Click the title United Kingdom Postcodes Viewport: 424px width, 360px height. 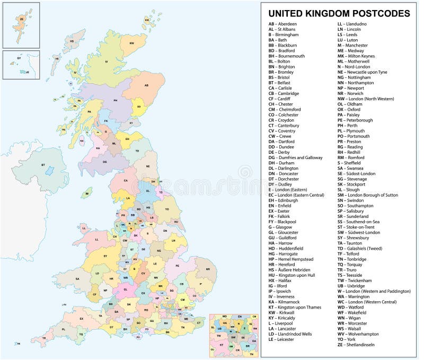339,13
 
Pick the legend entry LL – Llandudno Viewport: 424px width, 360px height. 354,24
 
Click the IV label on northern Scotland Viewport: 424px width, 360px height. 106,63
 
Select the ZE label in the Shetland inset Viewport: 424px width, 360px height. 22,20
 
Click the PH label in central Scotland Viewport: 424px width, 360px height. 115,100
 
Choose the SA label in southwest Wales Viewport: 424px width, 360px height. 77,279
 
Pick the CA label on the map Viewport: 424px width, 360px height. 126,180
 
